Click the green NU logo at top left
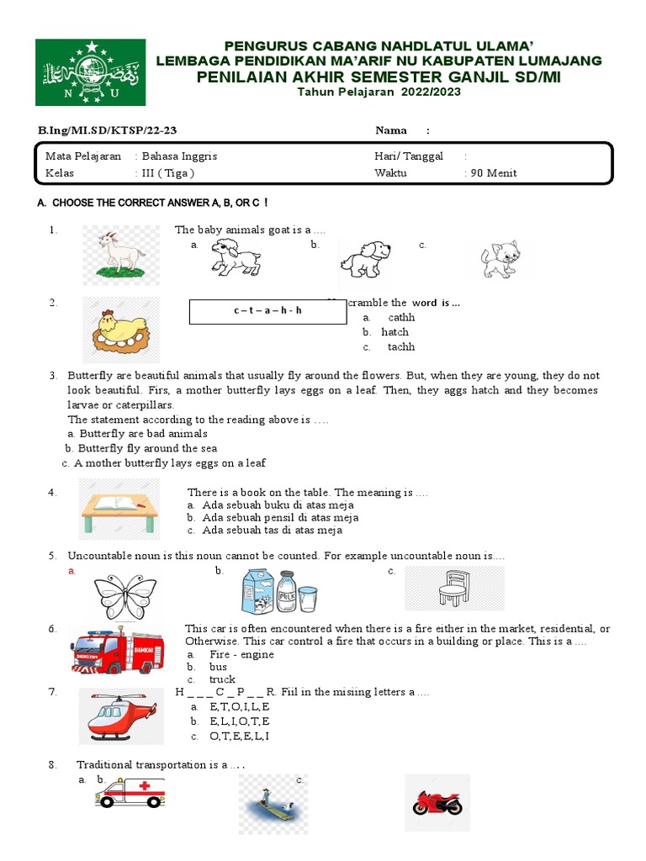(x=90, y=72)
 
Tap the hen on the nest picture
(x=120, y=330)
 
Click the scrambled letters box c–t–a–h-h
(x=267, y=311)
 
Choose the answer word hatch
(x=394, y=332)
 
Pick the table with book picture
(x=119, y=508)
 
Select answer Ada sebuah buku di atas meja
(x=271, y=505)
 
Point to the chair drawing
(x=453, y=588)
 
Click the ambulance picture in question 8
(x=130, y=792)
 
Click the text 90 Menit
(x=492, y=173)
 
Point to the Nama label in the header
(x=391, y=130)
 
